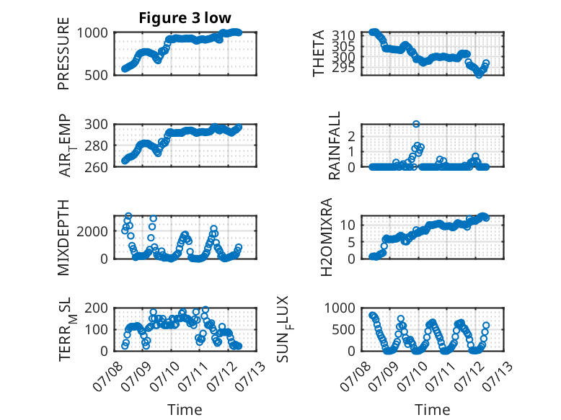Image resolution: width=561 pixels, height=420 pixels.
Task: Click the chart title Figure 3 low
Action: pos(185,17)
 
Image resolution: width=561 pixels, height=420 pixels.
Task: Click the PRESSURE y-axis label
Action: pos(63,53)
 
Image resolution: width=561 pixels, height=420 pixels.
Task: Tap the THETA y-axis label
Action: pos(318,53)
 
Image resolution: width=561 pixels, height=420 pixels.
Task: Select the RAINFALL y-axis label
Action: pos(334,146)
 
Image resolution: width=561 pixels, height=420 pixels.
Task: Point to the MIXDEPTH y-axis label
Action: pos(63,237)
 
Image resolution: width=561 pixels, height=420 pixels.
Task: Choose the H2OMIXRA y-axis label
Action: pos(327,237)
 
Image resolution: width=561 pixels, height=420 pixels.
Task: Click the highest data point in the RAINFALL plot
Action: pos(416,124)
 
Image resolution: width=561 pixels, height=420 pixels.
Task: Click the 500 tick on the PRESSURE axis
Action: pos(96,75)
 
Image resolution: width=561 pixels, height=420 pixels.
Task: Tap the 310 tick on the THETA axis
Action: pos(343,35)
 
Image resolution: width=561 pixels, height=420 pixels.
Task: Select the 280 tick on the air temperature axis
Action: pos(96,146)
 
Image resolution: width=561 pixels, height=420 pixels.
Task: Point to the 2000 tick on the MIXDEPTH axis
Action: pos(92,231)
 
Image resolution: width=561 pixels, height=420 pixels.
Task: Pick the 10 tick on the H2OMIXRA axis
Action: pos(348,225)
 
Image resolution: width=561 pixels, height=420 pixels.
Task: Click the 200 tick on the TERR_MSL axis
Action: pos(96,308)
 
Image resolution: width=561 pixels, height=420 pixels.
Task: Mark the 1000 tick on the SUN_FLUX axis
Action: pos(340,308)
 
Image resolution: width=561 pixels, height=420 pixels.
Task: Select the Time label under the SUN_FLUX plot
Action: pos(432,409)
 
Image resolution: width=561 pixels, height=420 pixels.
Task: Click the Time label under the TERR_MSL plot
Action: pos(185,409)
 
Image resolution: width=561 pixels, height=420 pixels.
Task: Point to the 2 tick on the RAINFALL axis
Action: pos(351,136)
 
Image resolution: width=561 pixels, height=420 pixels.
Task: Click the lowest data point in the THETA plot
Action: pos(479,75)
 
